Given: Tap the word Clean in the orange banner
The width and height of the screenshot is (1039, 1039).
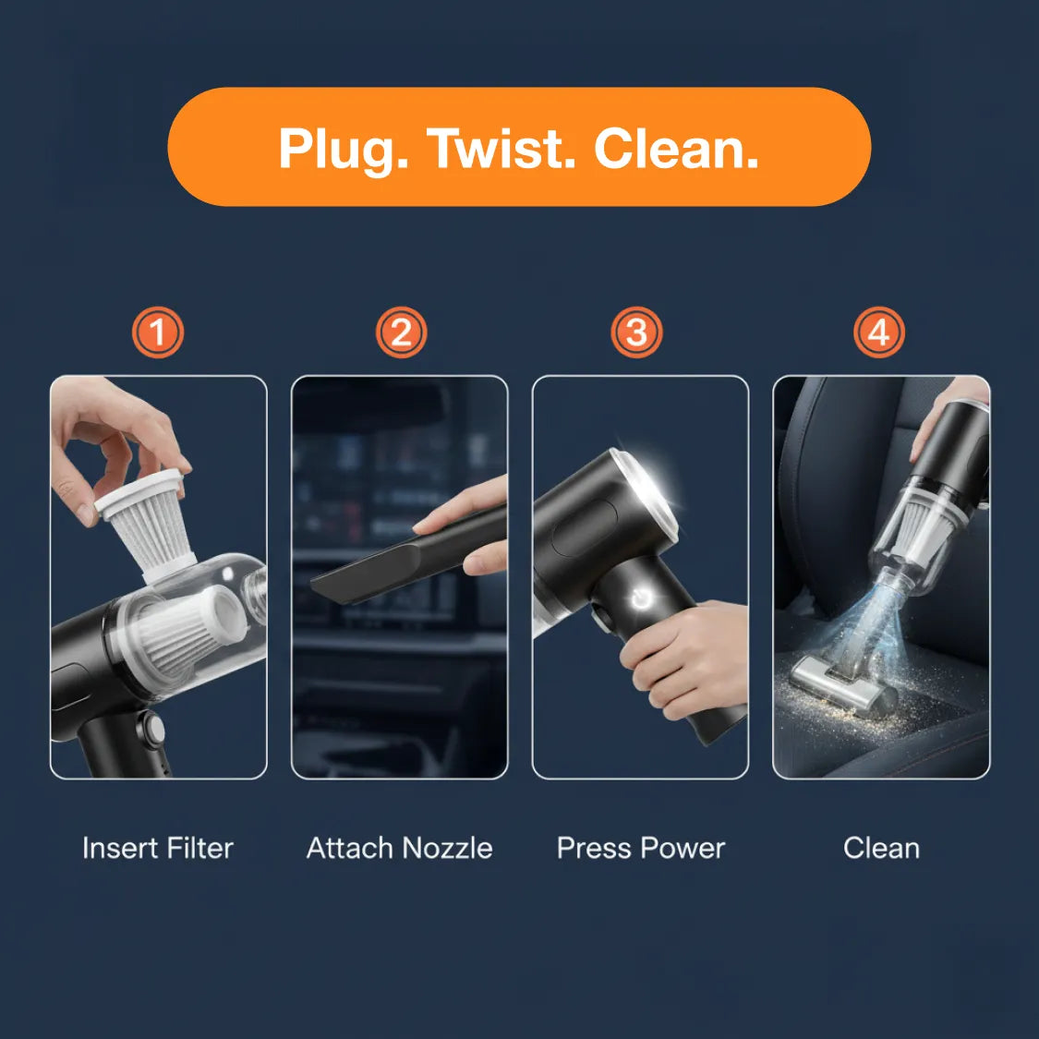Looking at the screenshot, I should pos(675,149).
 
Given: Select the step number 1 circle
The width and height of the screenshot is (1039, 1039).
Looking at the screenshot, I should pos(158,332).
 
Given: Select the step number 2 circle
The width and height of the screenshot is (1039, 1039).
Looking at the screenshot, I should pos(401,332).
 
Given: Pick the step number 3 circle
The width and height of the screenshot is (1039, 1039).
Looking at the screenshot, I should pos(636,332).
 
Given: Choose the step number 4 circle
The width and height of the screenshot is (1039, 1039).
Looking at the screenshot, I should pos(879,332).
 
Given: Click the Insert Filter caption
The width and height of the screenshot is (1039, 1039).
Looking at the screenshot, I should pos(158,848).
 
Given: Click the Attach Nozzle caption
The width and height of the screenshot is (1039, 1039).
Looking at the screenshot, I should pos(399,848).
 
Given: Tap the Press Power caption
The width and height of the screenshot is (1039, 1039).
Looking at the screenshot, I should pos(641,848).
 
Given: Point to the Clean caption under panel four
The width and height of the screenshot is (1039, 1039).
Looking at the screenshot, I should pos(881,848).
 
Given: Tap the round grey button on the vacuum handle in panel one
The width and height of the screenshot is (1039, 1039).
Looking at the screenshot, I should pos(151,731).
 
